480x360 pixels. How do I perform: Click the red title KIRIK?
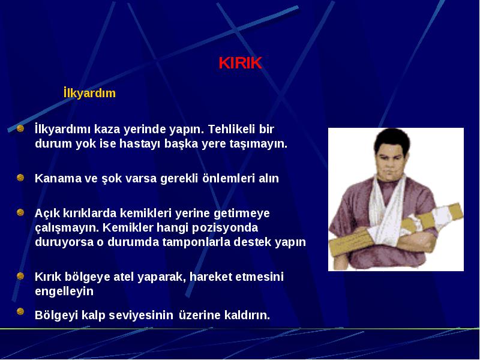(241, 63)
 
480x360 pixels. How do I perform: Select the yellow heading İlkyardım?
(89, 93)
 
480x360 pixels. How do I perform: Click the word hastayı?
(140, 143)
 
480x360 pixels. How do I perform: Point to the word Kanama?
(58, 178)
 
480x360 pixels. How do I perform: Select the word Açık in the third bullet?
(47, 214)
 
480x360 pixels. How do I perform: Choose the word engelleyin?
(64, 291)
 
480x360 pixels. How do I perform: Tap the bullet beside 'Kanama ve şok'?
(20, 178)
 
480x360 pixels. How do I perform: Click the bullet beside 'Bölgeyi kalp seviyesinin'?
(20, 311)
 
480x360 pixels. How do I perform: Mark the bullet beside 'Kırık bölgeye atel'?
(20, 276)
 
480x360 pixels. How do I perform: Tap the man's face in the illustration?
(391, 162)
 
